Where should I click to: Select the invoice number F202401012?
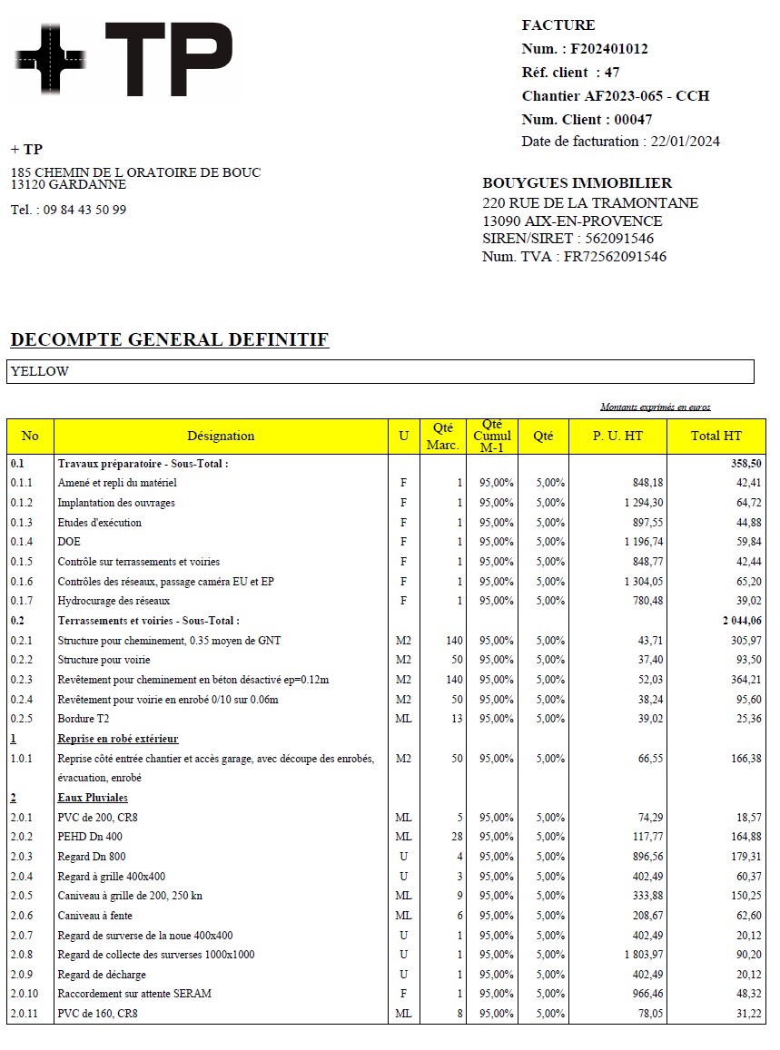click(x=609, y=49)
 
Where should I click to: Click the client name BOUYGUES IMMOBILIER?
click(x=578, y=183)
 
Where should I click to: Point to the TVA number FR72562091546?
click(x=615, y=257)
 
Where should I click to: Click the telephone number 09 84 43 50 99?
click(x=85, y=210)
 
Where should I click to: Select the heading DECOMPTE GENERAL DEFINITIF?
click(x=169, y=340)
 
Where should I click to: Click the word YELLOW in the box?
click(x=40, y=371)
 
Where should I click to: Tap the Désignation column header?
click(x=221, y=436)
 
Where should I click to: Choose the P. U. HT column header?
click(x=617, y=436)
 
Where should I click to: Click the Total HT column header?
click(x=716, y=436)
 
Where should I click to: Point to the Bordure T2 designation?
click(x=83, y=719)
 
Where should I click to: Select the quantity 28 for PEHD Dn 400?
click(x=457, y=837)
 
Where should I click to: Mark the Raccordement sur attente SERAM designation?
click(x=134, y=994)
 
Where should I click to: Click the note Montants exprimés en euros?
click(x=656, y=407)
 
